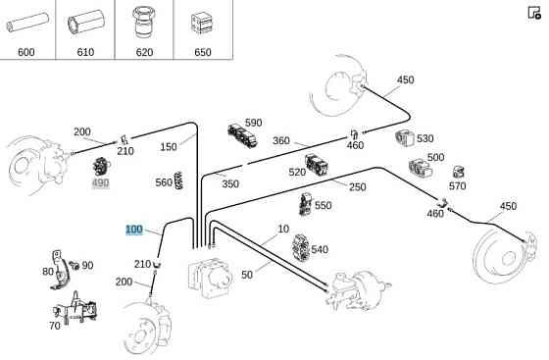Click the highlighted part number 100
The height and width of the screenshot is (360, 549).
click(134, 230)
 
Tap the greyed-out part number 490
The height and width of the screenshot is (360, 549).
click(100, 182)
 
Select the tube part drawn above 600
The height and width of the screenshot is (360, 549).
click(27, 23)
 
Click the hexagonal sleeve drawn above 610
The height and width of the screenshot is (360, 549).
click(86, 22)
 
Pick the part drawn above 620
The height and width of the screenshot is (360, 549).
click(144, 22)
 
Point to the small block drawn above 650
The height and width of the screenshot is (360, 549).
click(202, 24)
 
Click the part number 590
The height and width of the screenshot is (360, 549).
click(254, 123)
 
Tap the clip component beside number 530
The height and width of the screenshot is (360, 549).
click(405, 138)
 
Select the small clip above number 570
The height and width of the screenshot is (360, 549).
click(459, 172)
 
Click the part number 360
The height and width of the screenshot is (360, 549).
click(281, 141)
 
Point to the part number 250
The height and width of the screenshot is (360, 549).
click(358, 187)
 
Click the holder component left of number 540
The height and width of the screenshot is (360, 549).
click(300, 248)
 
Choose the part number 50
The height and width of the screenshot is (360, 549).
click(247, 275)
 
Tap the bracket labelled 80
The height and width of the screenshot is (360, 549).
click(60, 270)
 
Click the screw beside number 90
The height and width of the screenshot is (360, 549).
click(75, 265)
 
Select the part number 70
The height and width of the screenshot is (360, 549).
click(55, 326)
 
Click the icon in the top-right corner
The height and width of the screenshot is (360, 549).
click(534, 13)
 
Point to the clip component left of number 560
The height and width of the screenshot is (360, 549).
click(178, 180)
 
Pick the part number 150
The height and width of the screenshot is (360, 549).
click(169, 147)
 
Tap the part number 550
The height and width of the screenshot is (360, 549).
click(324, 206)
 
